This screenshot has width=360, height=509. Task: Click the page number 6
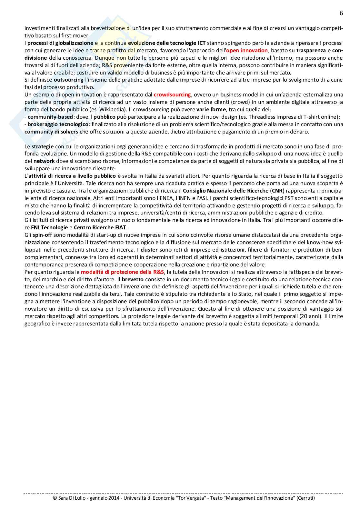(x=341, y=13)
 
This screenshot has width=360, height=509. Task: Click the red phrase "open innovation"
(x=247, y=50)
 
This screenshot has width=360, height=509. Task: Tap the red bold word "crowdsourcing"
(x=172, y=95)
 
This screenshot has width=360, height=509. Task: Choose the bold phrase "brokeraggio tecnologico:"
(x=59, y=124)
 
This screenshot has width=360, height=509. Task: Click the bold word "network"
(x=44, y=161)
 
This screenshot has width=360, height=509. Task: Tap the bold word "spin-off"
(x=42, y=235)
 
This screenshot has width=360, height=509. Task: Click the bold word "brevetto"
(x=133, y=279)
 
